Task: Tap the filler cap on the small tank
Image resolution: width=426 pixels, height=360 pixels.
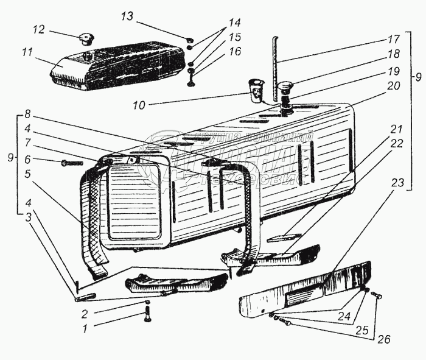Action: [83, 40]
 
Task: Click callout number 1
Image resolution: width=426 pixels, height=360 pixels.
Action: [86, 329]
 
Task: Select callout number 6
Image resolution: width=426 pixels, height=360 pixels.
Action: [27, 160]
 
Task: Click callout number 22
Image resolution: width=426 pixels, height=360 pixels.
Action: [397, 143]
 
